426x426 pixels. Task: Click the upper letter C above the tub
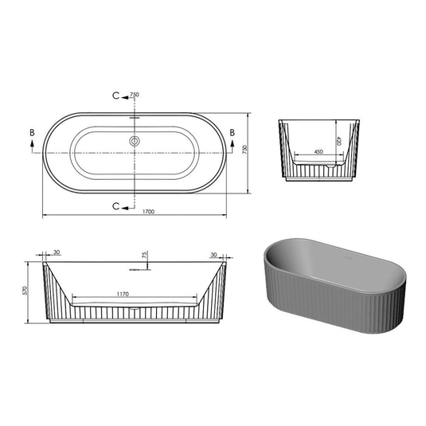point(117,96)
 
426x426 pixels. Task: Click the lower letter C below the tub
point(117,205)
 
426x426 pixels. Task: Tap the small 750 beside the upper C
point(135,95)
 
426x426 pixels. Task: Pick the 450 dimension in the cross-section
point(318,150)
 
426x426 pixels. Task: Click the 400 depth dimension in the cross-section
point(338,140)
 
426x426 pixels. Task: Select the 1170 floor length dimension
point(123,295)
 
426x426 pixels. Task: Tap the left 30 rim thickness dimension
point(56,254)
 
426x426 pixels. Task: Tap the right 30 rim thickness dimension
point(213,254)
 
